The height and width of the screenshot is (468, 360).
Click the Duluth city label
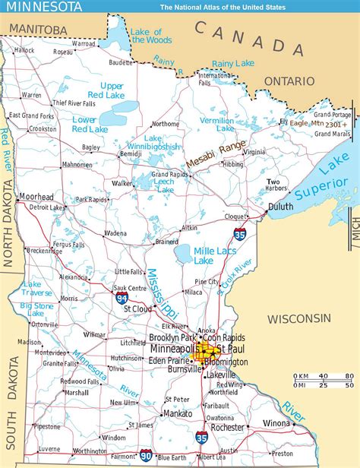coord(279,206)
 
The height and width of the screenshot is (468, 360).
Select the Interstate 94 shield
coord(122,299)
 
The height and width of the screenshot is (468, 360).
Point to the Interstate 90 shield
coord(144,456)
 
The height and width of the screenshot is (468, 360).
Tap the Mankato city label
coord(177,414)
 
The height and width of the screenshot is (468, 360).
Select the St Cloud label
coord(138,309)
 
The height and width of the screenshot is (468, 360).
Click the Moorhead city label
coord(35,197)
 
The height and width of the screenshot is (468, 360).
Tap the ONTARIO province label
coord(289,81)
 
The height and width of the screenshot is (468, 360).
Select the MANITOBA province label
coord(35,29)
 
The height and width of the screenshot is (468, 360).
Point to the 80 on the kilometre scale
coord(349,377)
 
